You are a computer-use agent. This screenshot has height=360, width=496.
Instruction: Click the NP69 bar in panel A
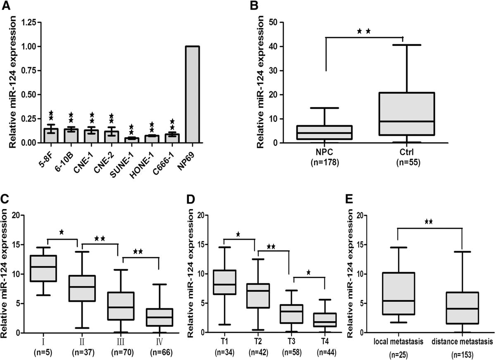pos(193,95)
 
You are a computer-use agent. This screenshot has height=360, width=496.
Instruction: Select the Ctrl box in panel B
pos(406,114)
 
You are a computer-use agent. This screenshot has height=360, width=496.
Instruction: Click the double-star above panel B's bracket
pos(364,31)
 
